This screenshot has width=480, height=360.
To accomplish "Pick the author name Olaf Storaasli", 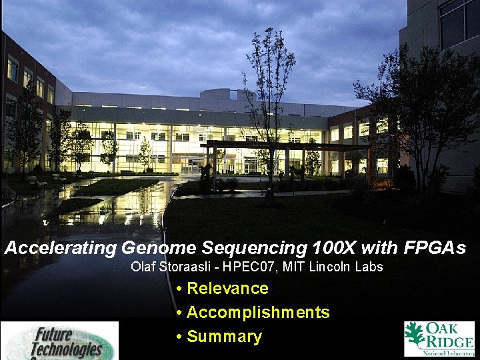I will pyautogui.click(x=167, y=267).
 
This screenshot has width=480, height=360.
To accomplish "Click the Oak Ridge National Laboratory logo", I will pyautogui.click(x=439, y=339).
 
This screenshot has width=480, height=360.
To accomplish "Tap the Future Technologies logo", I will pyautogui.click(x=60, y=341).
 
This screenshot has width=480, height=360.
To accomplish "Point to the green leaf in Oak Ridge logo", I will pyautogui.click(x=415, y=333).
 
